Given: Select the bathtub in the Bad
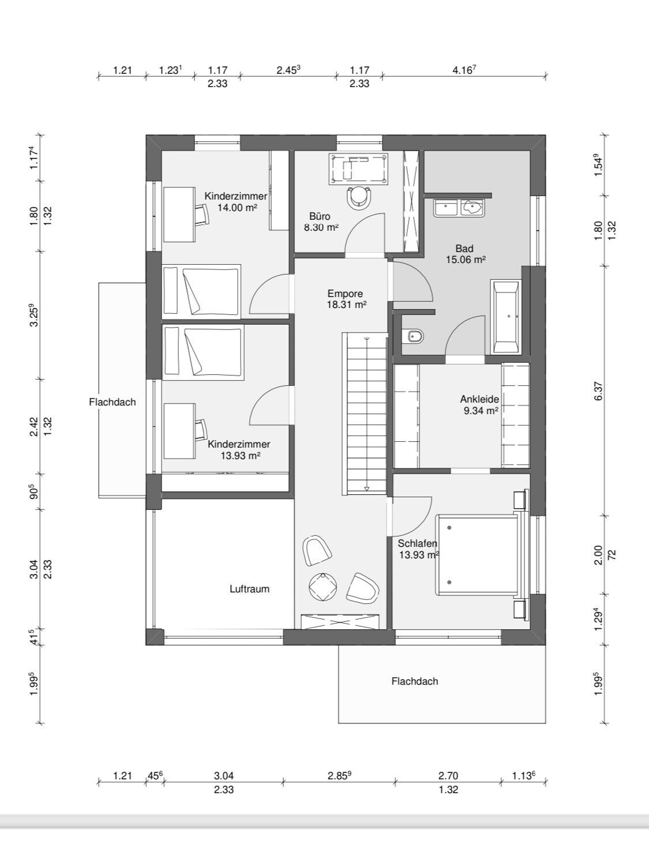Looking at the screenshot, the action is pyautogui.click(x=507, y=316).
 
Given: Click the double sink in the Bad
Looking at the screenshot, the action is pyautogui.click(x=459, y=207).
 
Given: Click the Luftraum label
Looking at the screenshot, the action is pyautogui.click(x=250, y=588).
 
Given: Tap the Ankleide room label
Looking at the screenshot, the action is pyautogui.click(x=479, y=404).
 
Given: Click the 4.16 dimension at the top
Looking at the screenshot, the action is pyautogui.click(x=464, y=70).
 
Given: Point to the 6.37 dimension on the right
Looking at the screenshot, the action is pyautogui.click(x=598, y=392).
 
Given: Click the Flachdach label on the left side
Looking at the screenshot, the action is pyautogui.click(x=112, y=402).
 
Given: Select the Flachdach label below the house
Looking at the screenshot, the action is pyautogui.click(x=415, y=681).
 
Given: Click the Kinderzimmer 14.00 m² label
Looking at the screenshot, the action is pyautogui.click(x=236, y=201).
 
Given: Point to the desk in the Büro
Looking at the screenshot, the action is pyautogui.click(x=358, y=168).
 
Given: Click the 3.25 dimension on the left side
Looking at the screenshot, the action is pyautogui.click(x=35, y=316).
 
